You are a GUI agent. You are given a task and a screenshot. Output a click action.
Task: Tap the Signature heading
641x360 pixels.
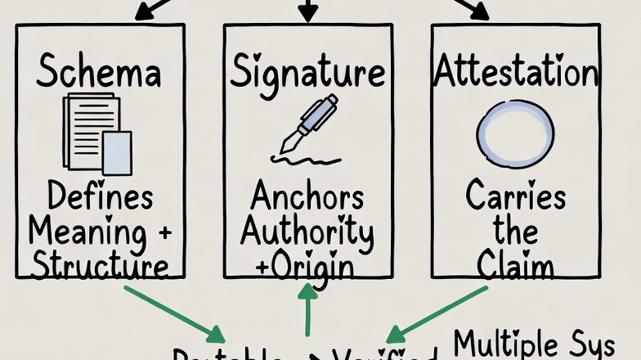[x=307, y=73]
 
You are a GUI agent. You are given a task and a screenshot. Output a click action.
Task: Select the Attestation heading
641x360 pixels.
[x=515, y=73]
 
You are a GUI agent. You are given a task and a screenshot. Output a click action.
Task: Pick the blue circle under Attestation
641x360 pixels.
[x=515, y=133]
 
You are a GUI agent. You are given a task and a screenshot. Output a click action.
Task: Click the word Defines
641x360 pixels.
[x=101, y=197]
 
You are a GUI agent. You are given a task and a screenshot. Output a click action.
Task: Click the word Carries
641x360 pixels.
[x=515, y=197]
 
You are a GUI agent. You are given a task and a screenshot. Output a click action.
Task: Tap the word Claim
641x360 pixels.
[x=515, y=266]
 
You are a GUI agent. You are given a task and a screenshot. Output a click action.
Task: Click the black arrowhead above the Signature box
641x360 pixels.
[x=307, y=12]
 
